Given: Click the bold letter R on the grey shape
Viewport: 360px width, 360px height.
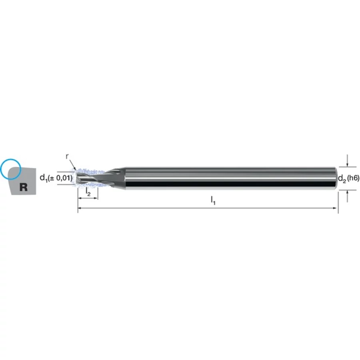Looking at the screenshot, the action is point(24,187).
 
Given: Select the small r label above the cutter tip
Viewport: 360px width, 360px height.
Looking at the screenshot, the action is point(67,156).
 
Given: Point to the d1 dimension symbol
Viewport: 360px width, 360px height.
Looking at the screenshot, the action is point(44,178).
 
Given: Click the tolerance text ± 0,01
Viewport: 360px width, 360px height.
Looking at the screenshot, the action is point(60,178).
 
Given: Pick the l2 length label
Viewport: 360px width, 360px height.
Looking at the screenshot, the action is point(88,192).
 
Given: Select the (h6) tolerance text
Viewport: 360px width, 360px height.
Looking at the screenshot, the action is point(353,178).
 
